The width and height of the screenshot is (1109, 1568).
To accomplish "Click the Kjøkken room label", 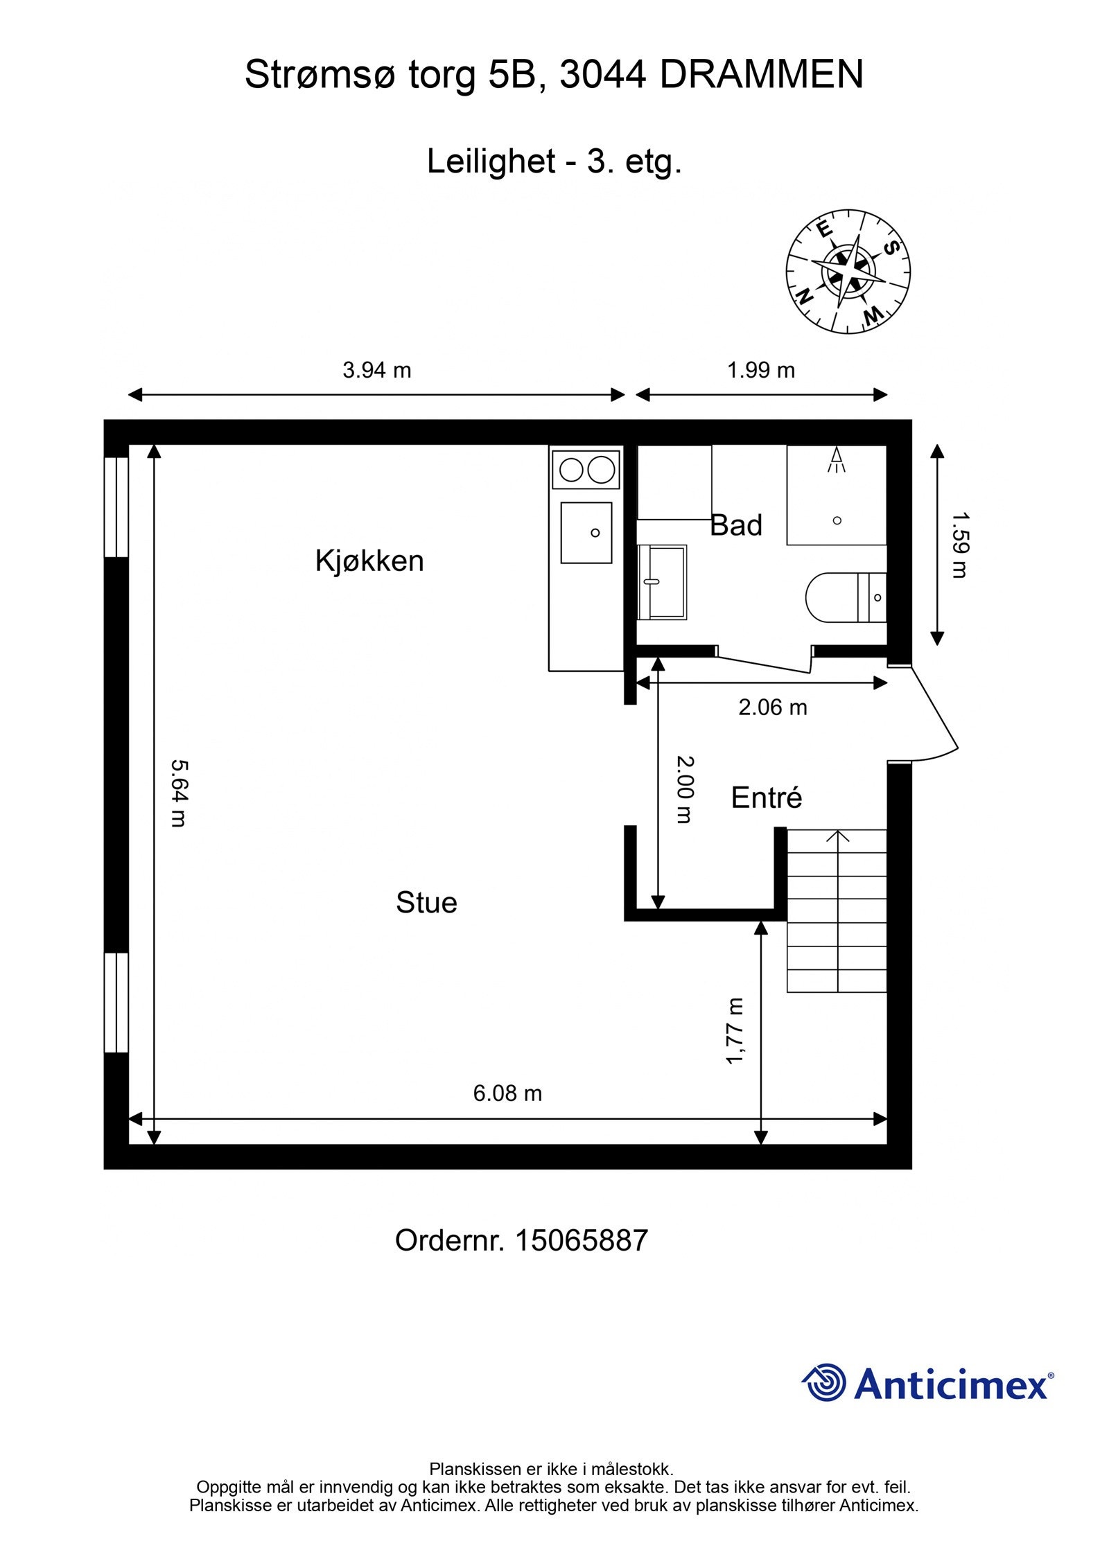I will (369, 561).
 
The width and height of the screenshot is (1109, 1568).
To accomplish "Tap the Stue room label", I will (426, 903).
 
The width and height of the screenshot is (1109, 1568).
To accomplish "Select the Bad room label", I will (736, 525).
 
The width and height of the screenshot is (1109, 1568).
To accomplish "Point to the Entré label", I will (766, 798).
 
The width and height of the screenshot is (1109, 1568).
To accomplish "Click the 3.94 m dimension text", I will (376, 370).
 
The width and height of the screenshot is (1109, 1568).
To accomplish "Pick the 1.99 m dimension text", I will (760, 370).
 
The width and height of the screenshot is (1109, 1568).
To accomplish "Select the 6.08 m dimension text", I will (507, 1093).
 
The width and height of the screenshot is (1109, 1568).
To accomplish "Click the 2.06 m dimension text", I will (772, 707).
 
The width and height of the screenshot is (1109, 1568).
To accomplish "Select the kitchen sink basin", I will (586, 533).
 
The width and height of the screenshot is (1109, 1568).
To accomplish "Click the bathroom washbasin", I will (662, 582).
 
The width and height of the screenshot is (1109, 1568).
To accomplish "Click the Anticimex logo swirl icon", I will (825, 1382).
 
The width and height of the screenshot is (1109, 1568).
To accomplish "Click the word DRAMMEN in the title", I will (761, 74).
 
